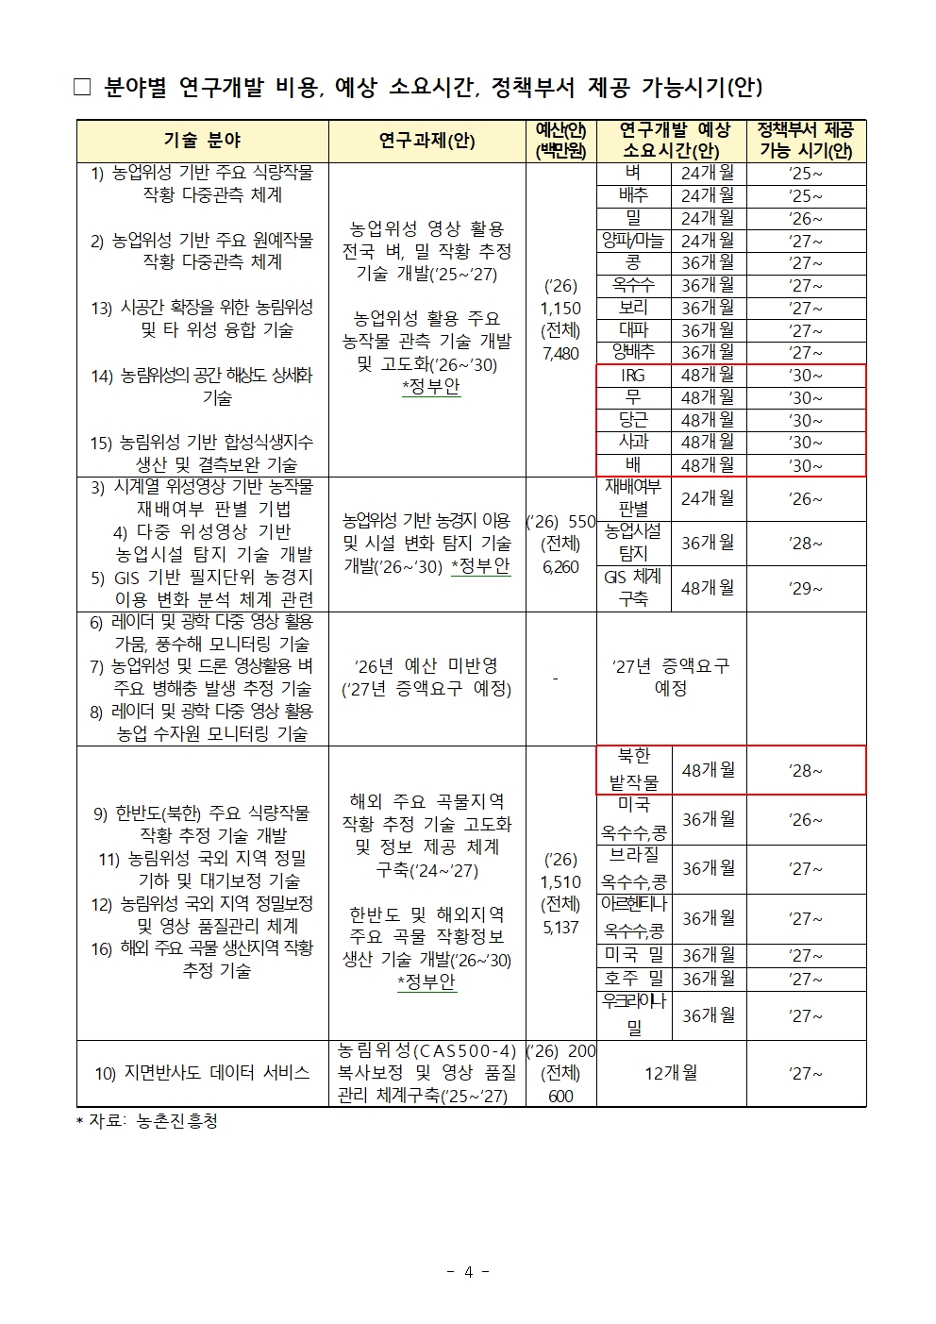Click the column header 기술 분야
202,141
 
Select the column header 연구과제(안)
426,141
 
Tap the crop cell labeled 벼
633,173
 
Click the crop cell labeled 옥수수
633,285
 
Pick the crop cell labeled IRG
633,376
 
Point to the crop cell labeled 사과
633,442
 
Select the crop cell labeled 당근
633,420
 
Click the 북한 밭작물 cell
633,770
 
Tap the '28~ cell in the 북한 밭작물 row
805,771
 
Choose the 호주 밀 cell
633,979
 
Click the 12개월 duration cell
671,1073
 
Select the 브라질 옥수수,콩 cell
633,868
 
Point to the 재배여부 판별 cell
633,498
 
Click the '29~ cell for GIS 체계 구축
805,588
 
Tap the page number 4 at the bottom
468,1272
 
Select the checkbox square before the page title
83,88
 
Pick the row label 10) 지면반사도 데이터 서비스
202,1073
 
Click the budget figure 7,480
560,353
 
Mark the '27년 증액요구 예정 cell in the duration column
671,677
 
